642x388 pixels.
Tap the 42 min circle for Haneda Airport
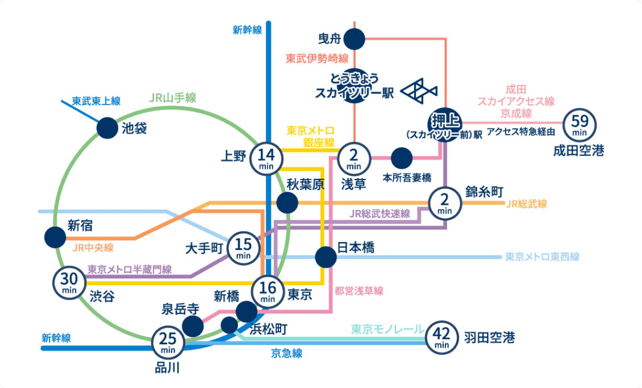[x=442, y=338]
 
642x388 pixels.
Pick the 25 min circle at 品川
[x=168, y=342]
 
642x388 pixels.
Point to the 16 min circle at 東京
[x=268, y=291]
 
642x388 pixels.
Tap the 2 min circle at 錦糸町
[x=445, y=204]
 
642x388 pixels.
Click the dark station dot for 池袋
[x=107, y=128]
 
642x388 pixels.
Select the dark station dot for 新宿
[x=55, y=238]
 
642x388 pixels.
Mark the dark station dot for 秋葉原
[x=287, y=203]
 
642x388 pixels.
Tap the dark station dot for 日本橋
[x=326, y=257]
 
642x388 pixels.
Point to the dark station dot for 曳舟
[x=354, y=39]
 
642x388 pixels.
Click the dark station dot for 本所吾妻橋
[x=401, y=158]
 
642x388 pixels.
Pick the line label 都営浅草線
[x=359, y=291]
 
